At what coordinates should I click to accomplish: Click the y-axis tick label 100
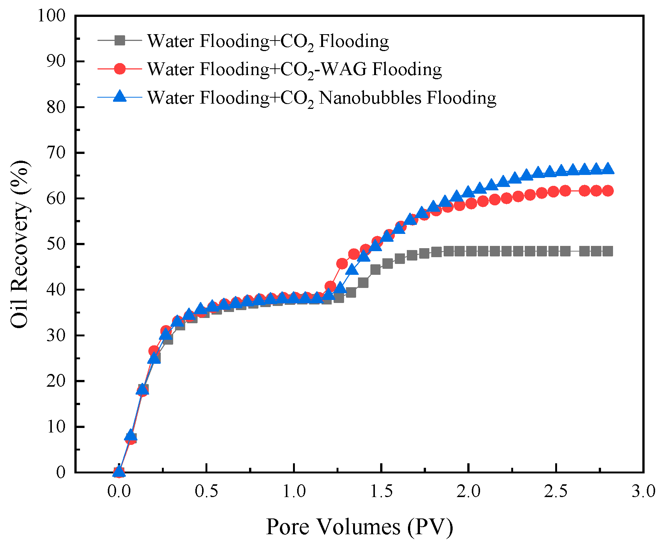[51, 16]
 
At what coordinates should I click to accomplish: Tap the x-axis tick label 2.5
[556, 491]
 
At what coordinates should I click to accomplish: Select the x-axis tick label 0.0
[119, 491]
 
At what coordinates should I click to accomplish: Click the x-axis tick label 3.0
[643, 491]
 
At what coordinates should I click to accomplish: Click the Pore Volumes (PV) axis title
[359, 527]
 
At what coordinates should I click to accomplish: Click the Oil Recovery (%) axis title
[20, 244]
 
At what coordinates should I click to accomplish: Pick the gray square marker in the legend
[119, 40]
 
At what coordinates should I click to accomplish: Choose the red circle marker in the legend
[119, 69]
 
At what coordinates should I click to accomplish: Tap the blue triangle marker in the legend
[119, 96]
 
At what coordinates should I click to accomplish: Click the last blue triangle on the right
[608, 169]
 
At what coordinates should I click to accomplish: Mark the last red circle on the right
[608, 191]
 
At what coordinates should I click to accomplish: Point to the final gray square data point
[608, 251]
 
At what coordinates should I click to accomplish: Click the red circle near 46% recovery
[342, 264]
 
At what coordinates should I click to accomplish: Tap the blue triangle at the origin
[119, 471]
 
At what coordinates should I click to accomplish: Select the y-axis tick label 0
[60, 472]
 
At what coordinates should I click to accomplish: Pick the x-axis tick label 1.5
[381, 491]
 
